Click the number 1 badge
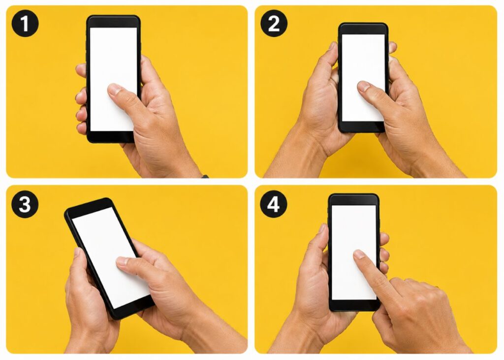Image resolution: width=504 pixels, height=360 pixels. tap(25, 24)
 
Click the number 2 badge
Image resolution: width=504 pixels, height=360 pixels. tap(274, 24)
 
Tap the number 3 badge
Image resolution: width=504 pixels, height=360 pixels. tap(25, 204)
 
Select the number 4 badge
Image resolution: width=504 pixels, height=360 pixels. tap(273, 204)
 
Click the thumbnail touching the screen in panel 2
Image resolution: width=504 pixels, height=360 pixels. tap(364, 86)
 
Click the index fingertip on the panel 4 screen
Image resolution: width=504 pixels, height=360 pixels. tap(358, 254)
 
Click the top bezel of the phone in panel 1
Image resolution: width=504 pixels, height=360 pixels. tap(113, 22)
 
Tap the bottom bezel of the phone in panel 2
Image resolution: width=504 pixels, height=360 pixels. tap(363, 127)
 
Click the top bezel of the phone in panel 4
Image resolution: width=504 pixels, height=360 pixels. tap(353, 199)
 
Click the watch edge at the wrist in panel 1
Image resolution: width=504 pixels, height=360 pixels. tap(205, 176)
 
